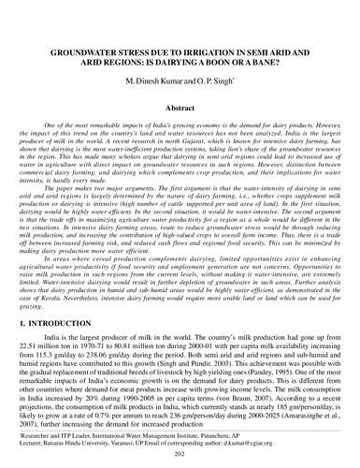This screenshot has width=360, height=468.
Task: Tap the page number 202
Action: pos(179,450)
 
